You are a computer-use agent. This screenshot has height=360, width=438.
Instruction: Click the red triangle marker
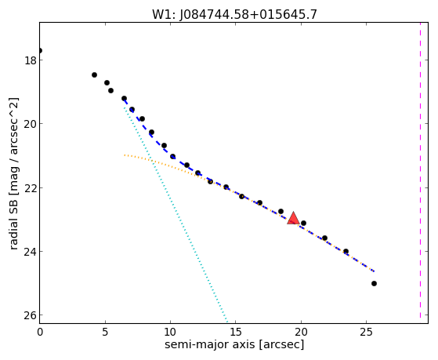[293, 219]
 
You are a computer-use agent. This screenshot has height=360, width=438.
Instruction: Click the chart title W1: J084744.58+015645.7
[234, 14]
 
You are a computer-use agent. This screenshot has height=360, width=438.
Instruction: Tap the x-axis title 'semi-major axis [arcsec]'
[234, 344]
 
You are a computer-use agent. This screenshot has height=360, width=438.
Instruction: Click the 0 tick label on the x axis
[40, 332]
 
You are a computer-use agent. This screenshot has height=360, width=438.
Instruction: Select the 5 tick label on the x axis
[105, 332]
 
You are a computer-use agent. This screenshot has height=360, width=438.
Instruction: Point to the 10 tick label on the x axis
[170, 332]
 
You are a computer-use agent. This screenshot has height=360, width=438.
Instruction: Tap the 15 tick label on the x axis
[236, 332]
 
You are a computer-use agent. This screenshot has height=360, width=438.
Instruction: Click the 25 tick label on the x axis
[366, 332]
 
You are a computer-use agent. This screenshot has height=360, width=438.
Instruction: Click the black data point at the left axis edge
[40, 51]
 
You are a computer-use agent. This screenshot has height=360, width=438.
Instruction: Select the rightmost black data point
[374, 283]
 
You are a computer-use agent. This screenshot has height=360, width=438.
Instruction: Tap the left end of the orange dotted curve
[125, 155]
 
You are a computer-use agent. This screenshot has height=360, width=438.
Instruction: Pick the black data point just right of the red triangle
[304, 223]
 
